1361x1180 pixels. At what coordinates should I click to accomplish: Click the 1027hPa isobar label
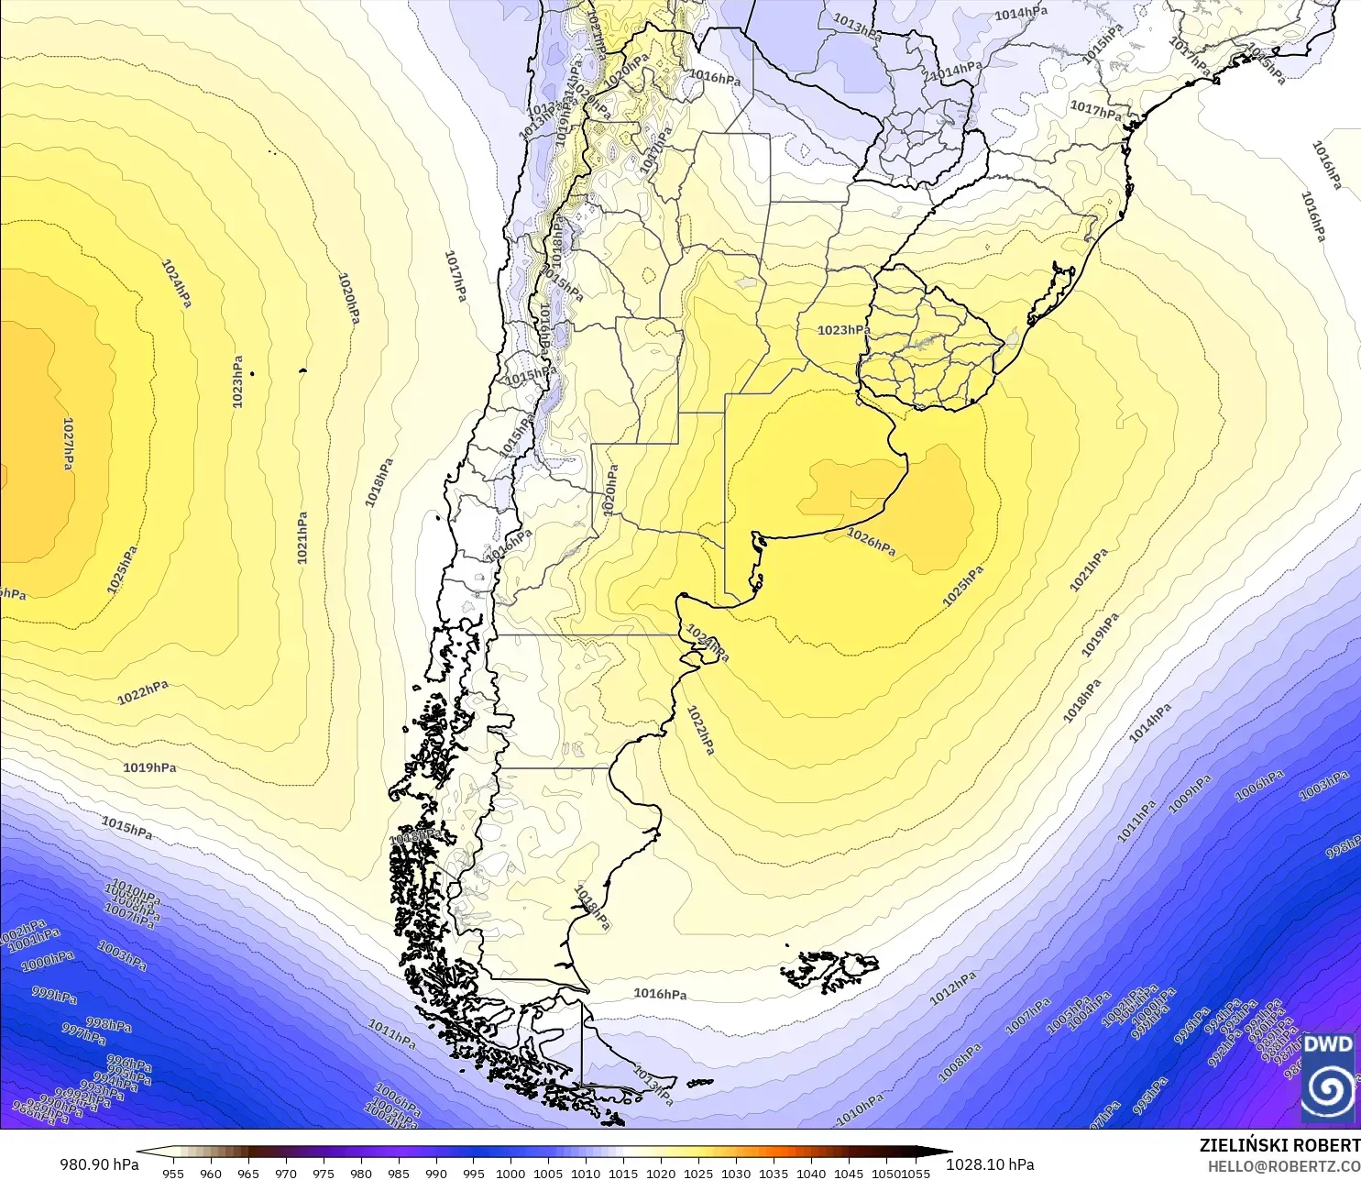pos(68,444)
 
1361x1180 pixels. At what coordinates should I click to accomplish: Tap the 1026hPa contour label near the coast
pos(871,542)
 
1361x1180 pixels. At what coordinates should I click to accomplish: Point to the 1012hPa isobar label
pos(953,988)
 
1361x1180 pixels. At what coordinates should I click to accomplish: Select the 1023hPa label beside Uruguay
pos(843,330)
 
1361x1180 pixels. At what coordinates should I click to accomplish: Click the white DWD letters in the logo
pos(1327,1043)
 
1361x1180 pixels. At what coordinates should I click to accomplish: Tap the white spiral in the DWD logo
pos(1327,1089)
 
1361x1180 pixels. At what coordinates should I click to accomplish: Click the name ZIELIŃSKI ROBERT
pos(1279,1145)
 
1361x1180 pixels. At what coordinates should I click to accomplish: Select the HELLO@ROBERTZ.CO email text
pos(1283,1166)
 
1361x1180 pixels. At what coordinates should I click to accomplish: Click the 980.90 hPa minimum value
pos(99,1164)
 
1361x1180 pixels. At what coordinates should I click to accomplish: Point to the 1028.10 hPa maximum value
pos(990,1164)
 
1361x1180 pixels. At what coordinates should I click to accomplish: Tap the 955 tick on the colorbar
pos(173,1173)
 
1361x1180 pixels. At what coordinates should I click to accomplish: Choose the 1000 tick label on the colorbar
pos(510,1173)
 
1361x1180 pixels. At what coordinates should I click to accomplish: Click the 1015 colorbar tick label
pos(623,1173)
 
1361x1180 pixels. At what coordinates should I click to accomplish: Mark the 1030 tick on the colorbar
pos(736,1173)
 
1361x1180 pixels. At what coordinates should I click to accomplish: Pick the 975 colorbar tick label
pos(324,1173)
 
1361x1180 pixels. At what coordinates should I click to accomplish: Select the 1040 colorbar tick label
pos(811,1173)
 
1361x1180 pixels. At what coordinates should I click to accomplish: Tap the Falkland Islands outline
pos(829,970)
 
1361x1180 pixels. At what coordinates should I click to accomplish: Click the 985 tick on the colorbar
pos(399,1173)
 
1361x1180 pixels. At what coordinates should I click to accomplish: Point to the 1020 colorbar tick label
pos(661,1173)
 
